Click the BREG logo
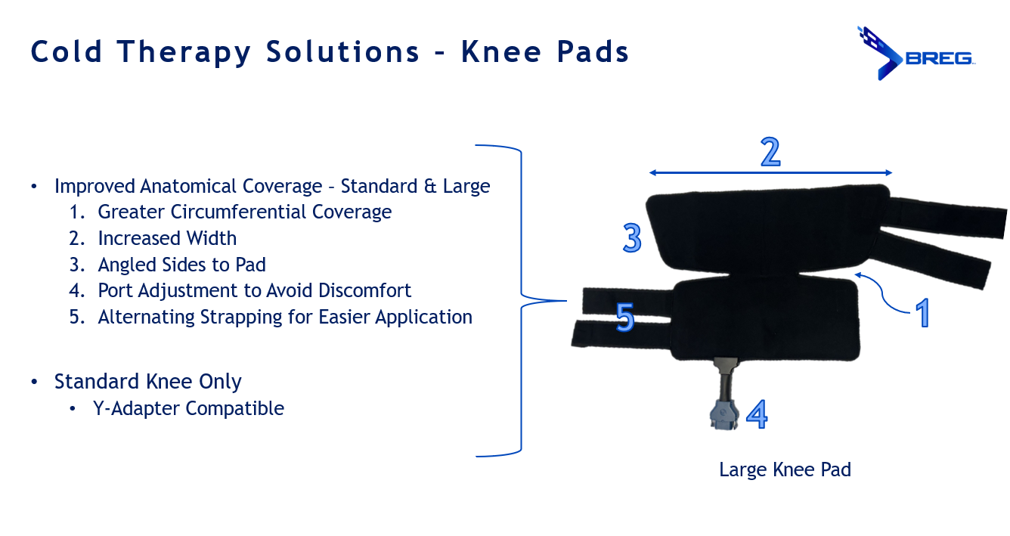[x=916, y=53]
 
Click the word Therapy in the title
[x=184, y=52]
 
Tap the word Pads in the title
[x=593, y=51]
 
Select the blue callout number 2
[x=770, y=152]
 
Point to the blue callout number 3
[x=632, y=237]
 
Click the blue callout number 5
[x=625, y=317]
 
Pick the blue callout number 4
[x=757, y=414]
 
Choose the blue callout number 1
[x=922, y=312]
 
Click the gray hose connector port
[x=724, y=414]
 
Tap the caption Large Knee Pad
[x=785, y=469]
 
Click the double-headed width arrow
[x=770, y=172]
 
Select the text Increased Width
[x=167, y=238]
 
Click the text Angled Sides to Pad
[x=181, y=265]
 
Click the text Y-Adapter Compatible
[x=188, y=408]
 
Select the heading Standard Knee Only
[x=148, y=382]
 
